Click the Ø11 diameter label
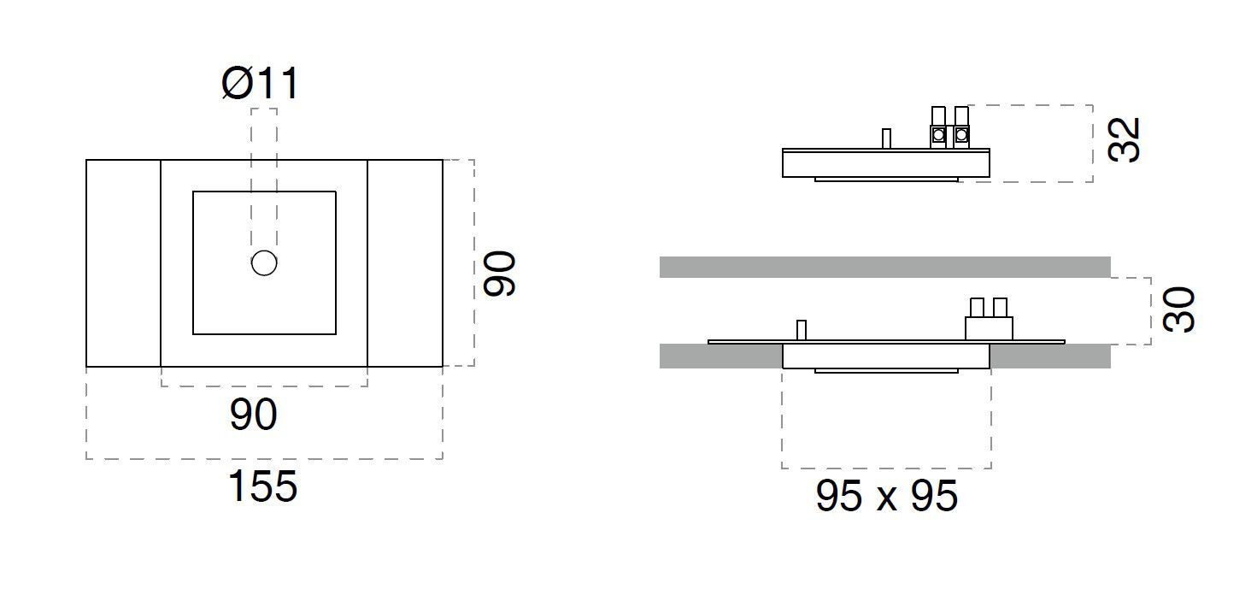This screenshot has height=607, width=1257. click(x=261, y=85)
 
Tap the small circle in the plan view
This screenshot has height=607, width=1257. click(x=264, y=263)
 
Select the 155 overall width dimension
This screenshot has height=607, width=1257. click(x=262, y=487)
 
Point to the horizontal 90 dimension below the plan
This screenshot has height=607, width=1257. click(x=254, y=415)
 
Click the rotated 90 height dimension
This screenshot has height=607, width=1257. click(x=499, y=274)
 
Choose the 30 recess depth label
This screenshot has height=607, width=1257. click(x=1179, y=309)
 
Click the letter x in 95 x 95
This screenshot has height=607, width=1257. click(x=886, y=498)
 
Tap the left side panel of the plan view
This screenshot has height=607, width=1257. click(x=123, y=263)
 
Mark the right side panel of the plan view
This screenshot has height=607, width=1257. click(x=405, y=263)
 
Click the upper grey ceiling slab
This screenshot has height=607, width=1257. click(x=884, y=267)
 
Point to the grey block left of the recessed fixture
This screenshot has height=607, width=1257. click(x=720, y=357)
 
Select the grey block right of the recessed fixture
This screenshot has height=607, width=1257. click(x=1050, y=357)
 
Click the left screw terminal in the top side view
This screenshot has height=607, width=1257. click(x=938, y=134)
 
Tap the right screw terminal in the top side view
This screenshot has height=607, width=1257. click(x=961, y=134)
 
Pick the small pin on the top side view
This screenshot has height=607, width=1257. click(x=886, y=138)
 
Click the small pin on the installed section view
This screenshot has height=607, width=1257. click(x=801, y=330)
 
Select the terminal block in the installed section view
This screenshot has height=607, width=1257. click(x=989, y=326)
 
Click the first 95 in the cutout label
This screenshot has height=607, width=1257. click(x=839, y=497)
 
